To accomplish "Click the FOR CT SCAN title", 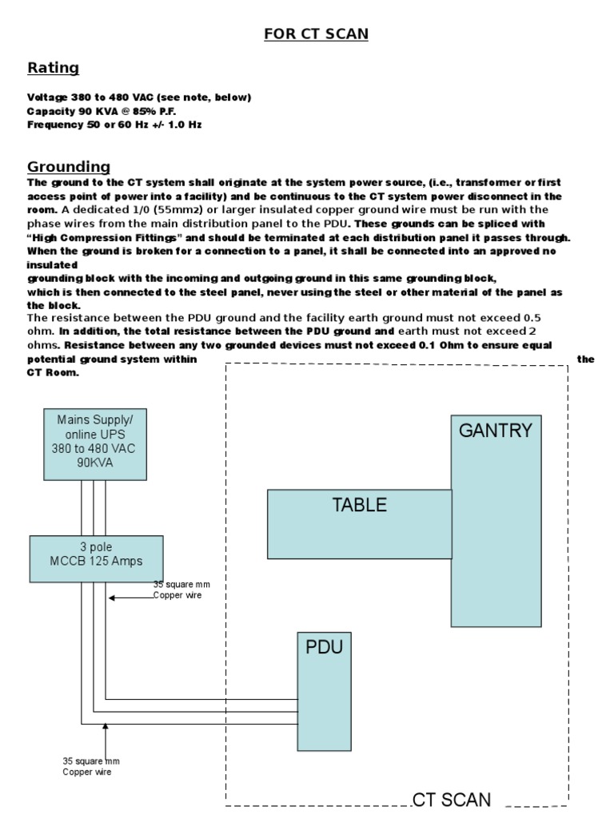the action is [x=317, y=34].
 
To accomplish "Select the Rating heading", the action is [x=53, y=68].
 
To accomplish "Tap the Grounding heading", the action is [x=69, y=167].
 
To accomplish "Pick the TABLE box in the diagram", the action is [x=359, y=524].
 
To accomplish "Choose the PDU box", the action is [x=324, y=692].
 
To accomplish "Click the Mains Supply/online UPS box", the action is [x=94, y=444].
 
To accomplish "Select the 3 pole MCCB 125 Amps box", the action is [x=96, y=559].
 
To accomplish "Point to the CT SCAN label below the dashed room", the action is [x=452, y=800].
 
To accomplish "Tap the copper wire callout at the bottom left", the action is [x=90, y=766].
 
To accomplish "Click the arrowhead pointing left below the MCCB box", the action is [x=113, y=598].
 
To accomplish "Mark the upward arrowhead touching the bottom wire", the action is [x=106, y=728].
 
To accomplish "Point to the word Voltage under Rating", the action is [x=47, y=97].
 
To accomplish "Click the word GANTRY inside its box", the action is [x=495, y=431].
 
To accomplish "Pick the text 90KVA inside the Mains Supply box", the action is [x=94, y=463].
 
